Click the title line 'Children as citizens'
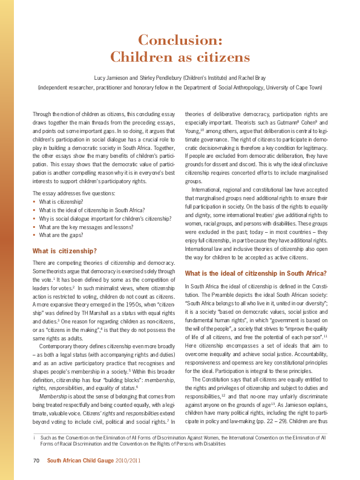click(180, 57)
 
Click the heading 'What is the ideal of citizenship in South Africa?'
click(255, 273)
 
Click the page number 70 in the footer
click(36, 461)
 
